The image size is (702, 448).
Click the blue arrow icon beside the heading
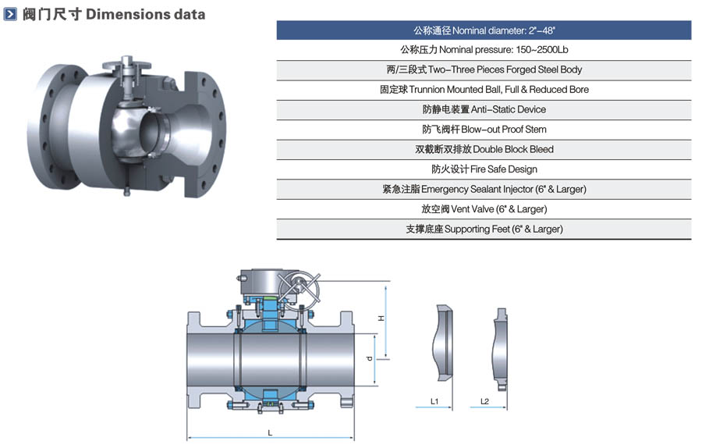click(x=10, y=14)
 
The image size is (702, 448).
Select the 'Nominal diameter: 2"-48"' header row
click(x=484, y=30)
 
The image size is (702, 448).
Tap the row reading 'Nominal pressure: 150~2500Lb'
click(x=484, y=50)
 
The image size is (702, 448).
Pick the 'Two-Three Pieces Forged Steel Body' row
click(x=484, y=69)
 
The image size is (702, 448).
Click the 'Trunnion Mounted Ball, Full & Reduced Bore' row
click(x=484, y=90)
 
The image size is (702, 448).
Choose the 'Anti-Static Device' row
click(x=484, y=109)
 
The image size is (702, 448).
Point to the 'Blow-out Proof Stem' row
click(x=484, y=130)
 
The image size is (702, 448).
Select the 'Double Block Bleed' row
click(x=484, y=149)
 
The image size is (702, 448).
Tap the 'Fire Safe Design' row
click(x=484, y=169)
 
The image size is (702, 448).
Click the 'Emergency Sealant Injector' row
click(x=484, y=189)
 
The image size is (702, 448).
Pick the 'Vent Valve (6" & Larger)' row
click(x=484, y=209)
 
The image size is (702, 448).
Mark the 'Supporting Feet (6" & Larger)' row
click(x=484, y=229)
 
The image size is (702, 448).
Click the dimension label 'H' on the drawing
click(x=381, y=318)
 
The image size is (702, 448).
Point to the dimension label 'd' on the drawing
click(x=369, y=358)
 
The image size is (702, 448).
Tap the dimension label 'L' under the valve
click(x=270, y=432)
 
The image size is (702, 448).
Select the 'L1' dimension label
click(x=434, y=401)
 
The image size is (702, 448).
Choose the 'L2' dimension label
click(x=484, y=401)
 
